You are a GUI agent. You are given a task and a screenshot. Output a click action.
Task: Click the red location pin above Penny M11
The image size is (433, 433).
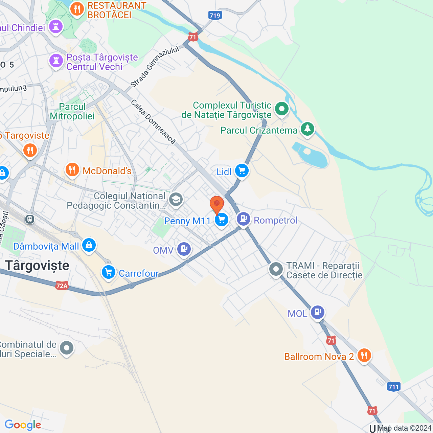217,204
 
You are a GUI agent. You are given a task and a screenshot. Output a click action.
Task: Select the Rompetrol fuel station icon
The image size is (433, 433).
243,219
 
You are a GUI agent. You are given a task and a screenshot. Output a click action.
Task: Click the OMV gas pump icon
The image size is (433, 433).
184,249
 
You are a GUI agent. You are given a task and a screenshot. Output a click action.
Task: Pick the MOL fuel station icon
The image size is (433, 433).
317,312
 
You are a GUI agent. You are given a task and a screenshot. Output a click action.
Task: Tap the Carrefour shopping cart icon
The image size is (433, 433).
109,272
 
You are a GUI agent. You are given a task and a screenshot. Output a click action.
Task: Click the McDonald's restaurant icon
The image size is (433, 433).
72,169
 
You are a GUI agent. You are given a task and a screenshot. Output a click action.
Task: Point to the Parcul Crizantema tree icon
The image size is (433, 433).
307,129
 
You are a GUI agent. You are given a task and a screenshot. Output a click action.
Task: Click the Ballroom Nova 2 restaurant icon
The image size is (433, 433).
364,355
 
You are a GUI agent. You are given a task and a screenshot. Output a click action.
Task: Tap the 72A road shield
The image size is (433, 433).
62,286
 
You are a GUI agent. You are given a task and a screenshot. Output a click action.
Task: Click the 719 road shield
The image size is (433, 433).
215,15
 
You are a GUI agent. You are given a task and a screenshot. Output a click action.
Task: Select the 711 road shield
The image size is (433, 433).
393,387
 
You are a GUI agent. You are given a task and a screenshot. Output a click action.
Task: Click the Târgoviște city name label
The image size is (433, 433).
37,266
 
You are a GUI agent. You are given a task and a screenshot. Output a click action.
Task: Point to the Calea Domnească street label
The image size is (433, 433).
153,122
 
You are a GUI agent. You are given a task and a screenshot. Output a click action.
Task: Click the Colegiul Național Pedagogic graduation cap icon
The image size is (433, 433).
176,200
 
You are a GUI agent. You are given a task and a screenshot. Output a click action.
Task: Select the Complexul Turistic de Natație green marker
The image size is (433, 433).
281,109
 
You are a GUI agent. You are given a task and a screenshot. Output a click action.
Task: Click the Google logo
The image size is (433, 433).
23,425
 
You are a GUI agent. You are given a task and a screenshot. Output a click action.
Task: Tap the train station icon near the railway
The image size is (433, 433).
30,219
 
